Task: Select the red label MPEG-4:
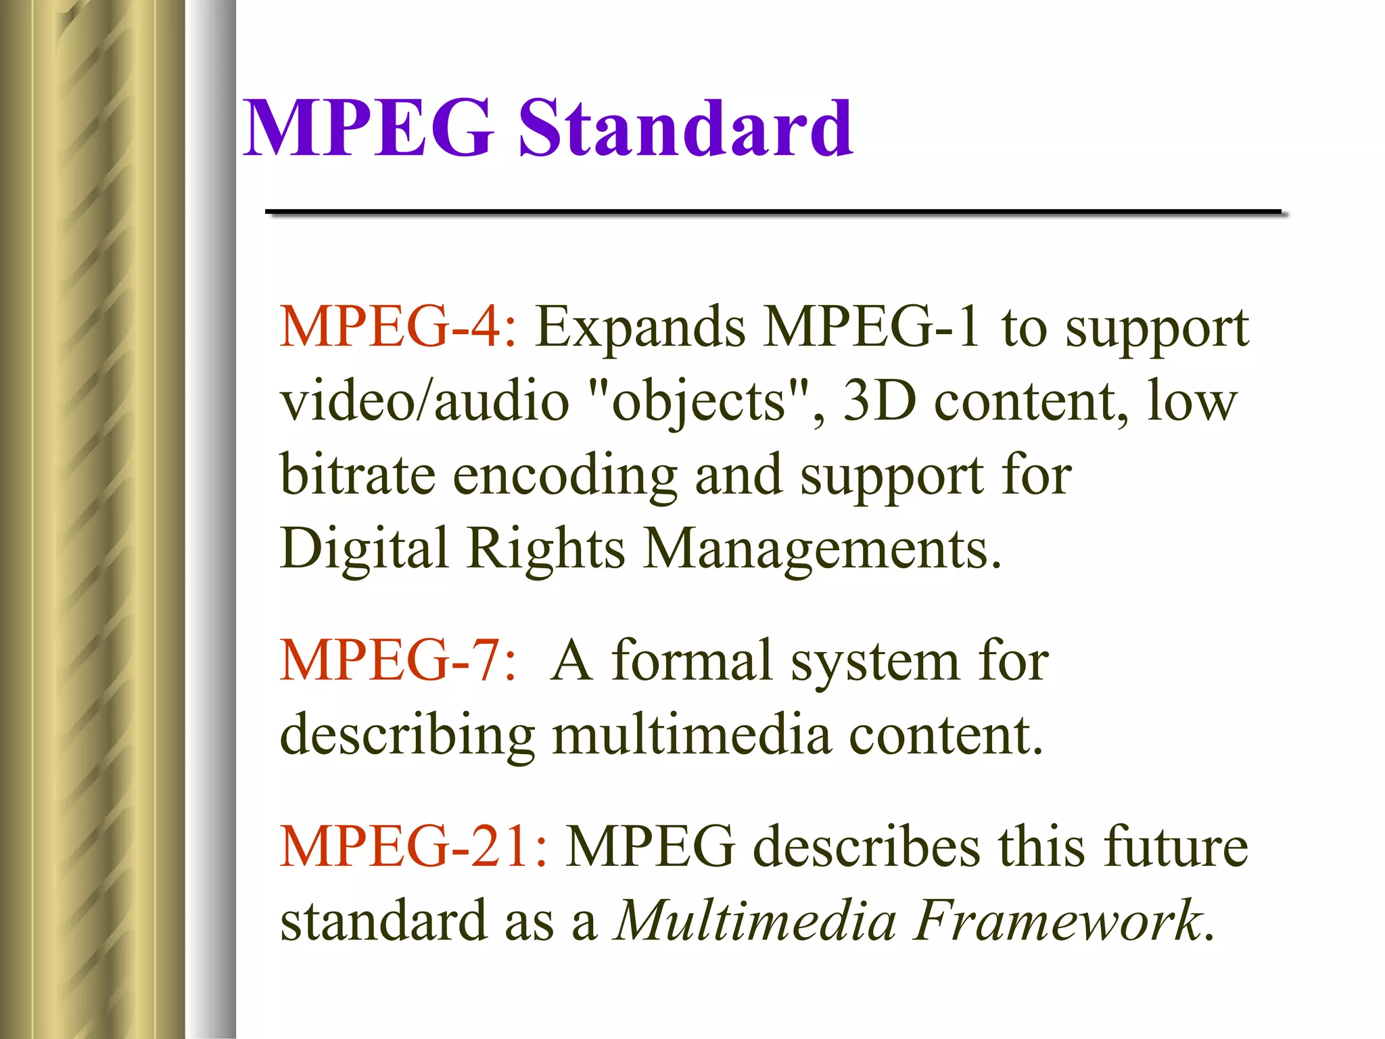[x=398, y=327]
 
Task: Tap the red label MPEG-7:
[x=398, y=660]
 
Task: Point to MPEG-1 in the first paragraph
[x=872, y=327]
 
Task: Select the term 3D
[x=879, y=400]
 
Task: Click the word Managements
[x=821, y=550]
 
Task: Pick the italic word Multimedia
[x=754, y=921]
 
